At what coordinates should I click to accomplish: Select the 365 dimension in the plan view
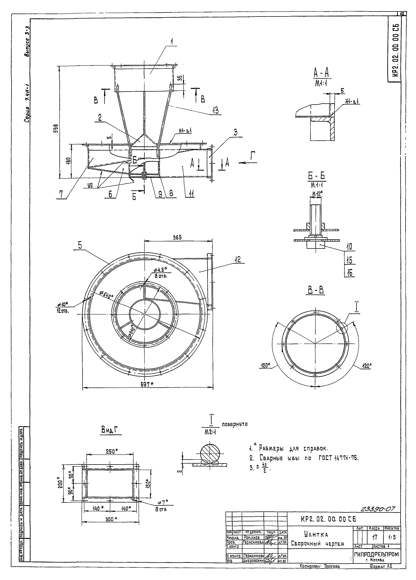point(177,237)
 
